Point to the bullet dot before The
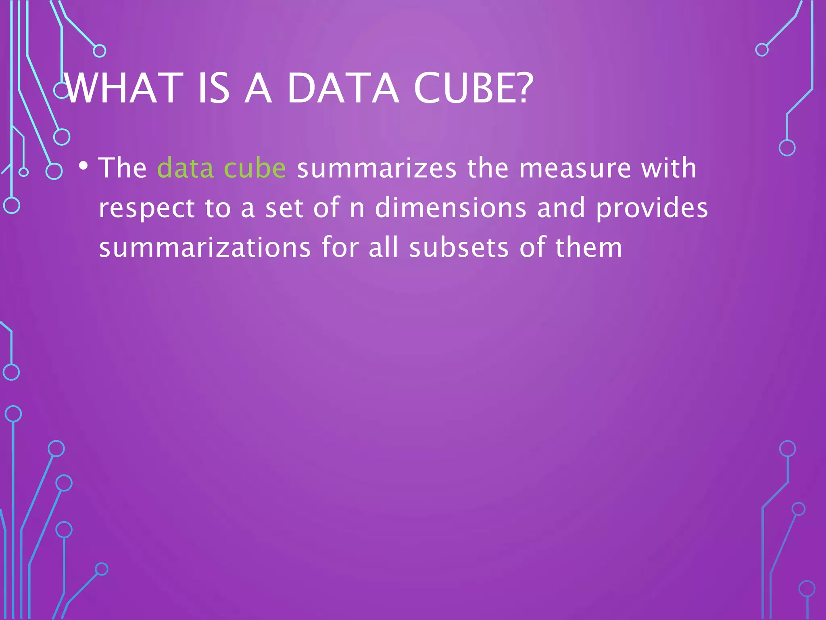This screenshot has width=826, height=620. coord(83,165)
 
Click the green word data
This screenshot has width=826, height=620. coord(185,168)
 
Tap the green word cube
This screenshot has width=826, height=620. coord(254,168)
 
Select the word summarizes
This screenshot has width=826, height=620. coord(377,168)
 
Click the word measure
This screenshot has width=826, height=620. coord(575,168)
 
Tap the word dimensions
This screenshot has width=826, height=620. coord(451,207)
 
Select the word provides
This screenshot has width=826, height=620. coord(652,208)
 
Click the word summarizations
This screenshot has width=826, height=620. coord(205,247)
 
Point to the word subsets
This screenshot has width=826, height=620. coord(459,247)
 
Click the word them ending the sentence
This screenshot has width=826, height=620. coord(588,247)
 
